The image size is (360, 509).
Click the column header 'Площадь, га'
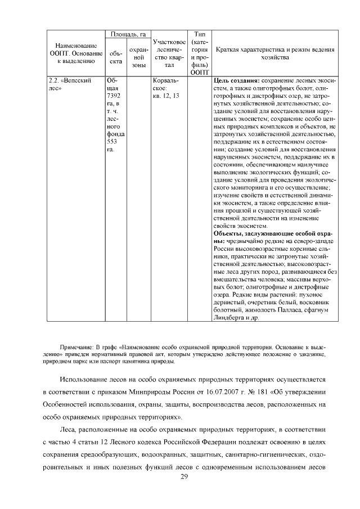coord(128,35)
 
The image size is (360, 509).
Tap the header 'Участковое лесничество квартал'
coord(169,53)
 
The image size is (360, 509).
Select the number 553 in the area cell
coord(112,143)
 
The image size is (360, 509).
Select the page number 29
coord(183,477)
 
